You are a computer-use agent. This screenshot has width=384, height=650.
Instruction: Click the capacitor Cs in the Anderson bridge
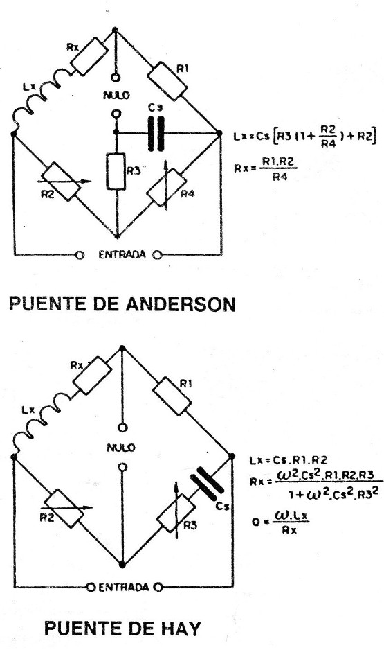tap(156, 134)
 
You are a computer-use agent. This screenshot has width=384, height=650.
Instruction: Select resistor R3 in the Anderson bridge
tap(116, 171)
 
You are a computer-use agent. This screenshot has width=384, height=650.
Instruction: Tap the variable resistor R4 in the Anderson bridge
tap(165, 187)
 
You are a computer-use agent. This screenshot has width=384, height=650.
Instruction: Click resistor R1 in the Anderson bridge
tap(167, 81)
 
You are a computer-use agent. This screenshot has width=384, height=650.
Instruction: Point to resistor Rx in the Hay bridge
tap(92, 375)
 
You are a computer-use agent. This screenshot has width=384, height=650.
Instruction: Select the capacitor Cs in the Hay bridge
tap(207, 482)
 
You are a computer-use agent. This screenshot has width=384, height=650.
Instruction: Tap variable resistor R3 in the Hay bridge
tap(177, 513)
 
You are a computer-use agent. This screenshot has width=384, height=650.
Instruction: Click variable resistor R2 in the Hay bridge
tap(64, 508)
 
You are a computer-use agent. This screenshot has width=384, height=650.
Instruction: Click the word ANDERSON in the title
tap(181, 304)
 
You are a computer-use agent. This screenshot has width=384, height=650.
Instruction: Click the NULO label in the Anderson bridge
tap(116, 96)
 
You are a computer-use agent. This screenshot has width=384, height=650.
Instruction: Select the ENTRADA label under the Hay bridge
tap(124, 587)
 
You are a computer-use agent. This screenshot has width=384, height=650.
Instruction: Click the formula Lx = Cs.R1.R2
tap(289, 460)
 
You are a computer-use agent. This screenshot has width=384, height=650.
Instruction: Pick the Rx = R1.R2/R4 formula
tap(266, 168)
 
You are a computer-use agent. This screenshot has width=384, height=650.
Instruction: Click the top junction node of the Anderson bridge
tap(115, 29)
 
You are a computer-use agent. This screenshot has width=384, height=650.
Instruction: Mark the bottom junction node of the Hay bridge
tap(122, 565)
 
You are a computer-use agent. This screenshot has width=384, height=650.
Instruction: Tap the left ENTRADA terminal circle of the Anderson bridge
tap(80, 255)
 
